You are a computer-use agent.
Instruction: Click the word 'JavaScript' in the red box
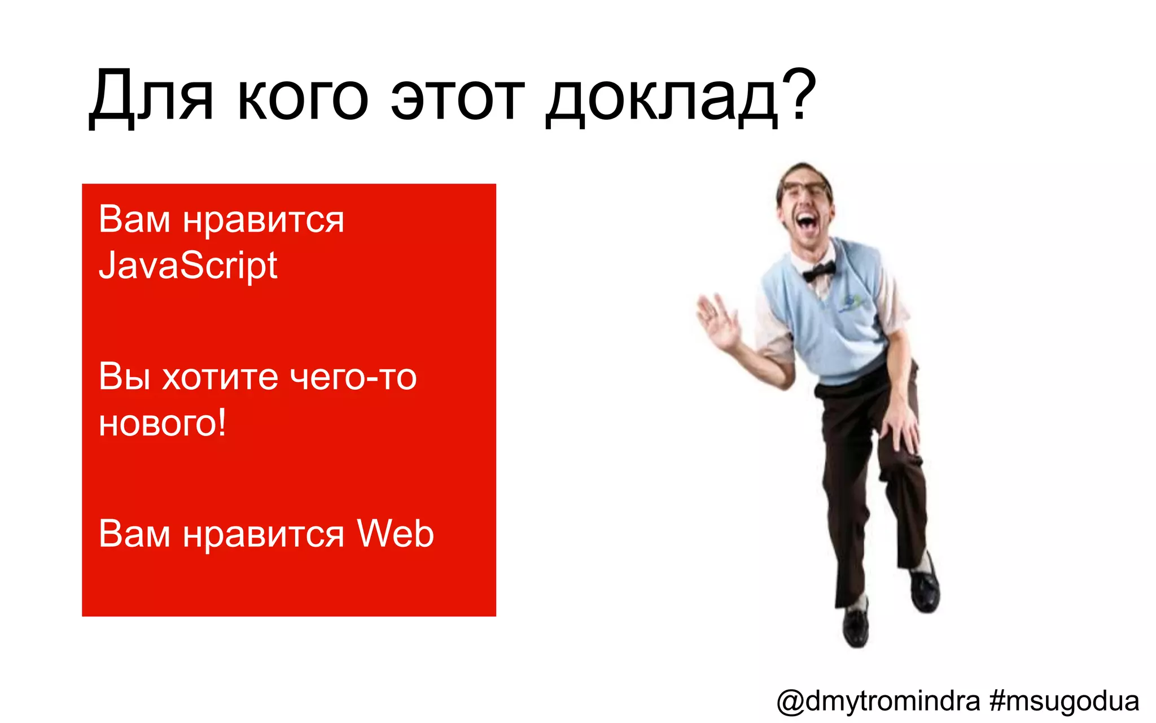pos(188,265)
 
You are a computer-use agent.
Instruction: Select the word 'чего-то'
pos(353,377)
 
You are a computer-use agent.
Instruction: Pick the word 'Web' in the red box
pos(395,533)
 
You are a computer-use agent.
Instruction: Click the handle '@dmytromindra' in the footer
pos(878,701)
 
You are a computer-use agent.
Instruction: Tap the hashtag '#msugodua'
pos(1065,701)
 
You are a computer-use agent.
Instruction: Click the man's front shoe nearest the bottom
pos(856,627)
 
